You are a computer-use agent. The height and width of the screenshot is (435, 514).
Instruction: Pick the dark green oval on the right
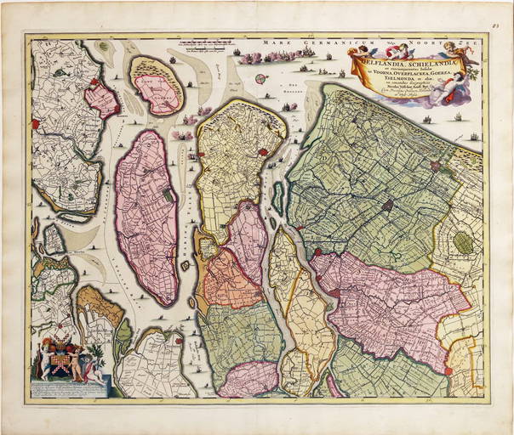(463, 243)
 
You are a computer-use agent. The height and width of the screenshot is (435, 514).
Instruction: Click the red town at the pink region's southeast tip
(448, 370)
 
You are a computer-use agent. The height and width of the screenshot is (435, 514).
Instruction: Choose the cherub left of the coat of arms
(47, 362)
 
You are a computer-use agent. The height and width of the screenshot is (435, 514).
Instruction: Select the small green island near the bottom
(123, 335)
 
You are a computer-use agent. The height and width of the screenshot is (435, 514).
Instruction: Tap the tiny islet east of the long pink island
(185, 265)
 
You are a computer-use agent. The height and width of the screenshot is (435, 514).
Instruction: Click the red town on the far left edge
(36, 124)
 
